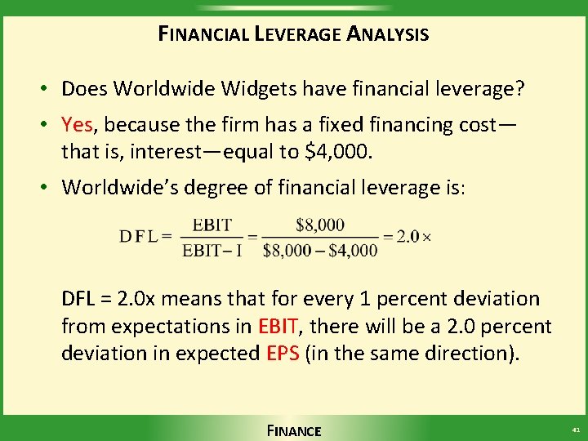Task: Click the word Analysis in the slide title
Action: [x=388, y=34]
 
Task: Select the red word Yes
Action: [x=78, y=124]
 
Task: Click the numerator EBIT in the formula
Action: [x=212, y=225]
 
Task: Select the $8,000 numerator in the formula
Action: [x=320, y=225]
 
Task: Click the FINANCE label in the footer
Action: [x=294, y=430]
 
